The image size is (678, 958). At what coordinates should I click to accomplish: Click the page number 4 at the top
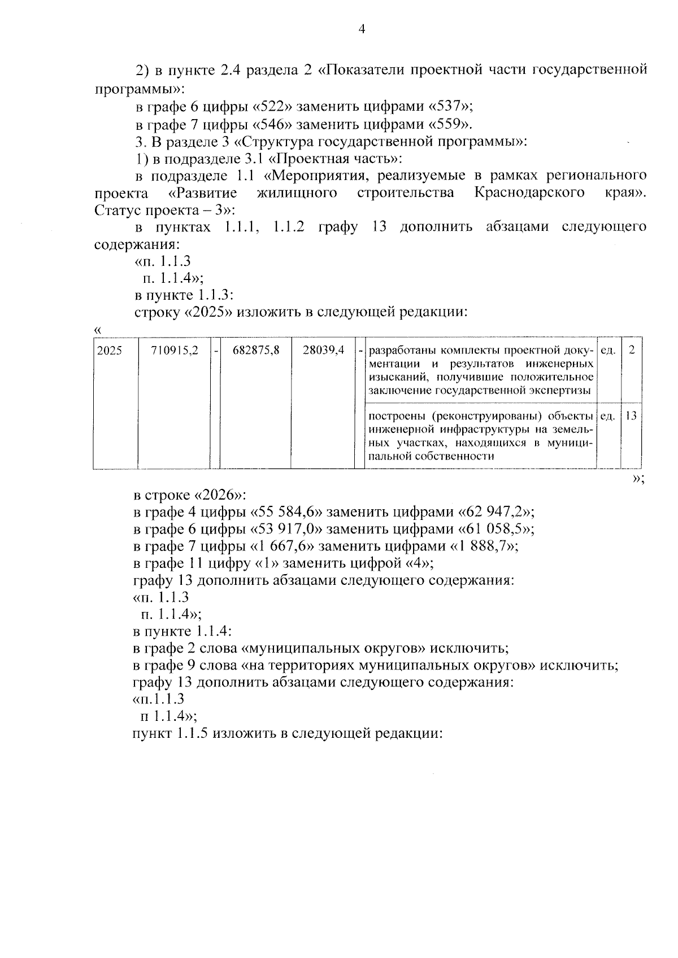coord(362,29)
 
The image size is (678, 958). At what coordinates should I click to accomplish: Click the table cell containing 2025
coord(110,351)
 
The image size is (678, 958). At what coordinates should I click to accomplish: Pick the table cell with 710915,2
coord(175,351)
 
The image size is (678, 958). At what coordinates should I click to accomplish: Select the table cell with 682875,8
coord(256,351)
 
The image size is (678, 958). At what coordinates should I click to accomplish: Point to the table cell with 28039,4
coord(323,351)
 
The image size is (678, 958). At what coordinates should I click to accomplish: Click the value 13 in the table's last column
coord(631,416)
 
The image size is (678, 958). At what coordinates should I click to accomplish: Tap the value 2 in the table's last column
coord(632,351)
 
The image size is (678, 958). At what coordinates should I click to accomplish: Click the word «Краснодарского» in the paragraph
coord(529,193)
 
